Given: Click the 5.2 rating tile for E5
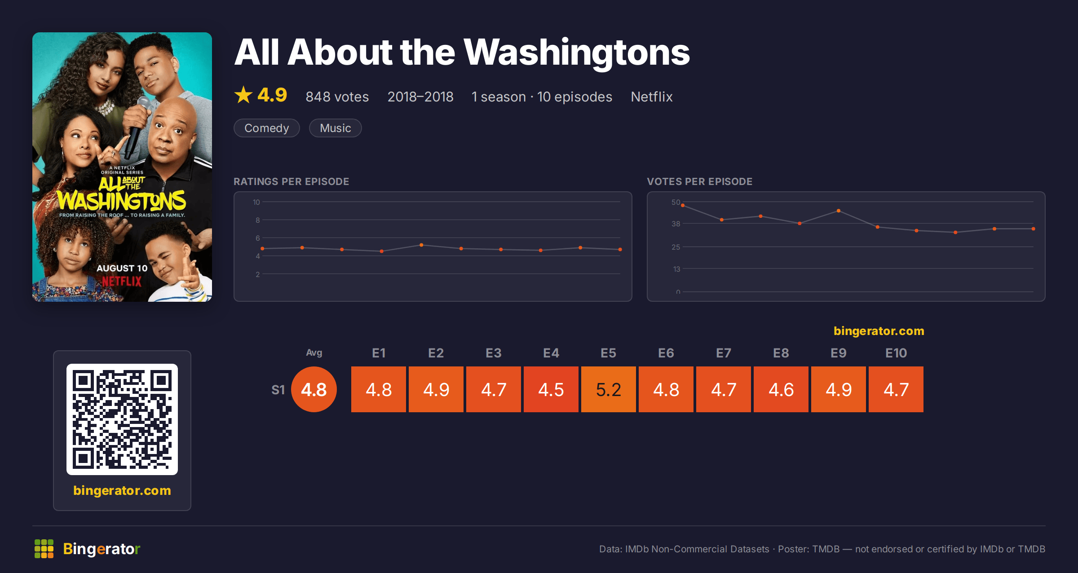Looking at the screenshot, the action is [x=609, y=389].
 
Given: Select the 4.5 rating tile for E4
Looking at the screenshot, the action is [x=551, y=389].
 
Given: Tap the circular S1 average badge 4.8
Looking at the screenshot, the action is [x=314, y=389].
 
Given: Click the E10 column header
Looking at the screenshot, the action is [x=896, y=353].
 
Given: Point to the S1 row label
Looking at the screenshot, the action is [x=278, y=390].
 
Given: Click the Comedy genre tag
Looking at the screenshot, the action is [x=267, y=128].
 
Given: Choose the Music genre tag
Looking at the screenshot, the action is [x=336, y=128].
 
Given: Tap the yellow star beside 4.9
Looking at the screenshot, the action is [x=243, y=95].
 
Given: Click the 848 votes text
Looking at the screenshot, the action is [x=337, y=97].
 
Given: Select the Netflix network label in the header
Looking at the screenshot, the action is [x=652, y=97].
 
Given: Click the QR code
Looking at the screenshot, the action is [x=122, y=419].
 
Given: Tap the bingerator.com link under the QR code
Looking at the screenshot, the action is [x=122, y=490].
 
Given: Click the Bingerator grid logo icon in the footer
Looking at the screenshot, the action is [x=44, y=549].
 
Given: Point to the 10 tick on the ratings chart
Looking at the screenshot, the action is [x=256, y=202].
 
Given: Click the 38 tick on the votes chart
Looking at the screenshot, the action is [x=676, y=224].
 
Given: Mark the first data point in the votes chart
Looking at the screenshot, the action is [x=683, y=205].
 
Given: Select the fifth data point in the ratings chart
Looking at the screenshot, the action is [x=421, y=245].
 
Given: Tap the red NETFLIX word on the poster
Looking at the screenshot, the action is [x=122, y=282].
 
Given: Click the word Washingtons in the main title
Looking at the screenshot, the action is [x=577, y=53].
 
